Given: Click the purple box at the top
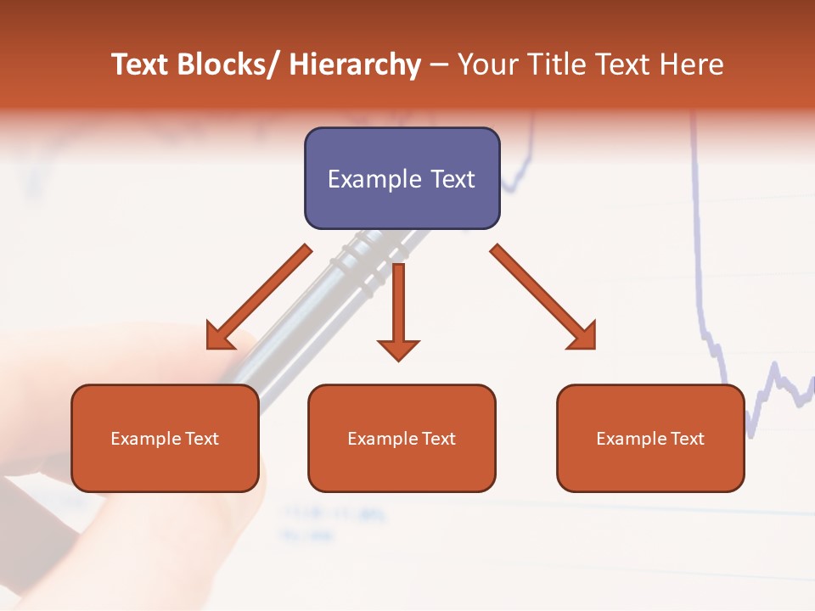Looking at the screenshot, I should (402, 178).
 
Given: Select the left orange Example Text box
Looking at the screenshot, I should (165, 438).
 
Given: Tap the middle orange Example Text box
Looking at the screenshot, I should (402, 438).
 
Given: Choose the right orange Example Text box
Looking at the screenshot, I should (650, 438).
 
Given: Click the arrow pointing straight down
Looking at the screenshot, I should (398, 310).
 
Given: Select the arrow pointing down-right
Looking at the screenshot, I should (544, 298).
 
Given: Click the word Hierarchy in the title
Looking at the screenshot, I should (355, 65).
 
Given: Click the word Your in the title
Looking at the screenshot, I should (486, 64).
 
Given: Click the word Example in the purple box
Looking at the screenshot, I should (374, 179).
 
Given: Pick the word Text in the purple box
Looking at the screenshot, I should (451, 179).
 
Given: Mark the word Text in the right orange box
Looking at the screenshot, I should (686, 439).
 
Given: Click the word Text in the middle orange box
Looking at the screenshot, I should (437, 439).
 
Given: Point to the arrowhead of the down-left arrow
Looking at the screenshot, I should (219, 337).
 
